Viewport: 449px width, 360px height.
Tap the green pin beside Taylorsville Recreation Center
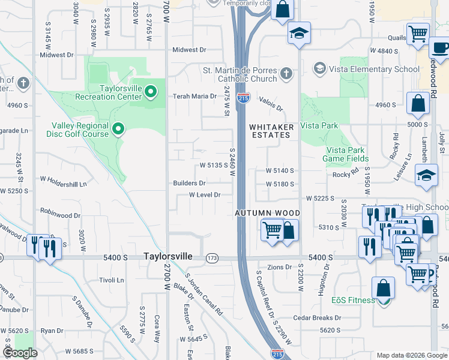151,92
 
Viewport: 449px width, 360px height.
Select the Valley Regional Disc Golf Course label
80,130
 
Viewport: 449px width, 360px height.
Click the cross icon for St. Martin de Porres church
286,74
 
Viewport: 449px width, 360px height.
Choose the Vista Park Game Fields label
348,154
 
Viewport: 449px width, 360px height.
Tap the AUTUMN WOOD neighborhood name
267,213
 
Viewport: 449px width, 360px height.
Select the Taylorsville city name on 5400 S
168,256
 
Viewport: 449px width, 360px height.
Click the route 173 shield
211,258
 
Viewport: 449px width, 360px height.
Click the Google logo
20,353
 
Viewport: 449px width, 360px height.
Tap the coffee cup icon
439,48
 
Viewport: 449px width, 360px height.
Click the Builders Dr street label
190,183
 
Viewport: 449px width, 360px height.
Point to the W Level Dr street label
205,195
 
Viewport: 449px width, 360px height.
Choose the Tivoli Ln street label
111,280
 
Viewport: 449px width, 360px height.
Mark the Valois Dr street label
271,103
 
